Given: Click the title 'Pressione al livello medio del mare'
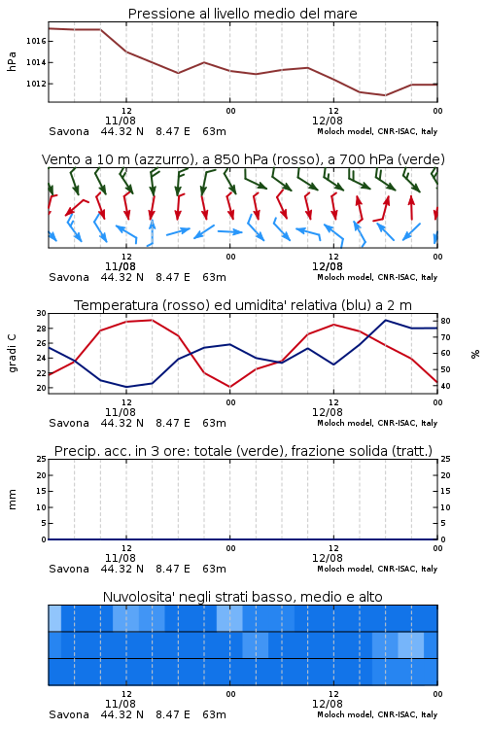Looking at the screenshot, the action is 242,14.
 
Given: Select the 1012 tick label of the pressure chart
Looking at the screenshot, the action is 36,84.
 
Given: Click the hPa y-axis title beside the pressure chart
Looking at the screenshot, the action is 12,62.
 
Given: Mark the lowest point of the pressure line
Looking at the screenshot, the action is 385,95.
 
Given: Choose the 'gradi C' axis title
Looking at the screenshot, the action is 12,354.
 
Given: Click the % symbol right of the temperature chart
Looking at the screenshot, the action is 475,354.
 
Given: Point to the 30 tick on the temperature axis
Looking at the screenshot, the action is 42,313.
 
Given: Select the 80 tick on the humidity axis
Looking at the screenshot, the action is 445,321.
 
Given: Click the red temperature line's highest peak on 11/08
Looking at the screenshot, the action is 152,320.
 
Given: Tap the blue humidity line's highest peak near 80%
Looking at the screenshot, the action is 385,320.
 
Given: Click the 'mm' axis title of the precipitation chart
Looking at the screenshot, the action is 12,500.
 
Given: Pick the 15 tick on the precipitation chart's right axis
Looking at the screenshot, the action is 445,491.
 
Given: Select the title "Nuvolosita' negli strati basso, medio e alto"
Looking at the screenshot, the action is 242,597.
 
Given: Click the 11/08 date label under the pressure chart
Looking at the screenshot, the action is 121,121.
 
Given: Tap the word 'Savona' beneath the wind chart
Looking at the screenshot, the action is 69,278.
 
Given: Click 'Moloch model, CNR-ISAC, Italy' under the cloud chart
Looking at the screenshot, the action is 377,714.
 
